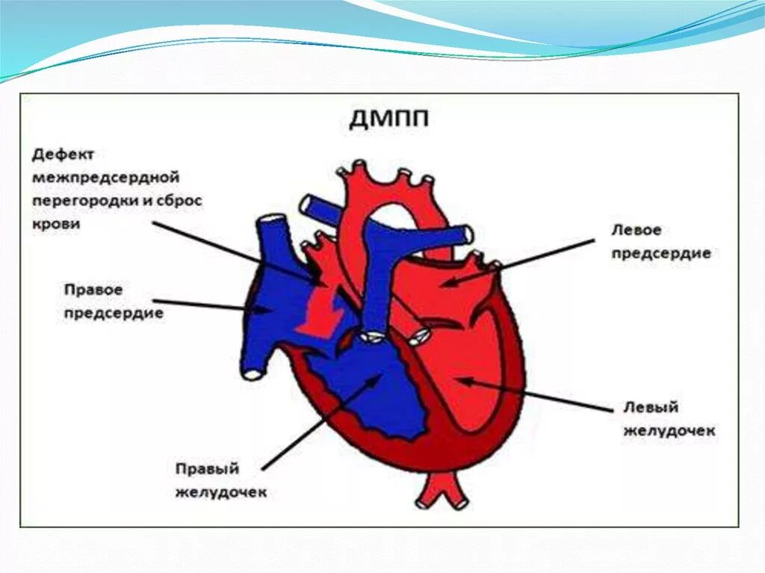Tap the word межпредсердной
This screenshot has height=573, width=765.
tap(106, 179)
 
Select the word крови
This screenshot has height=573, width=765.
tap(55, 224)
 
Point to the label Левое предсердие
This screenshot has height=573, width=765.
tap(660, 242)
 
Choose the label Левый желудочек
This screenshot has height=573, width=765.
tap(669, 419)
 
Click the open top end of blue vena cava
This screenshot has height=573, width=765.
tap(269, 221)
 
